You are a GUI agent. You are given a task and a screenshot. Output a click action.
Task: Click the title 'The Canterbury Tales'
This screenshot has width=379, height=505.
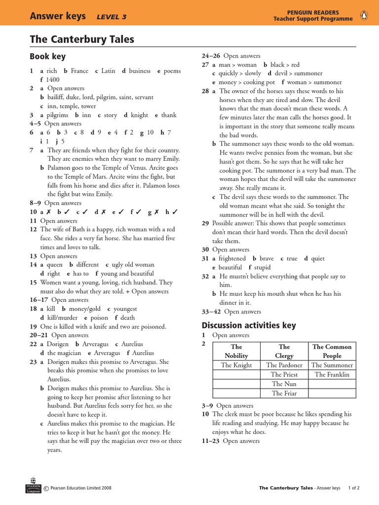tap(81, 39)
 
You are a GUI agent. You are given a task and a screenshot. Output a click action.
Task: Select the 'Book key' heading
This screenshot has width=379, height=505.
tap(47, 57)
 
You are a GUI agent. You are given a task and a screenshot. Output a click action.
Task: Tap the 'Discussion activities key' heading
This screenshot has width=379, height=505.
tap(249, 325)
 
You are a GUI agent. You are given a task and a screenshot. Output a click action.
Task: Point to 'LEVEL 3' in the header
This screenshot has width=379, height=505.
tap(112, 17)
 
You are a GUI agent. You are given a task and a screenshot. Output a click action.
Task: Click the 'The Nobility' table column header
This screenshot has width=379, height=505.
tap(236, 351)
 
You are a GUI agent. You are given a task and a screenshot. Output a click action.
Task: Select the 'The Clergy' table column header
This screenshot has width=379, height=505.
tap(284, 351)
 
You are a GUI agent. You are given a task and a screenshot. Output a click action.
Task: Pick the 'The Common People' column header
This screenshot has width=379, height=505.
tap(332, 351)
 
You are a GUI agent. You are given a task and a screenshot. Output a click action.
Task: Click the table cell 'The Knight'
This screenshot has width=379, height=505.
tap(236, 365)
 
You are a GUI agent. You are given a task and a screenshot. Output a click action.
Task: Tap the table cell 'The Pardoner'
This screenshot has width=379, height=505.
tap(284, 365)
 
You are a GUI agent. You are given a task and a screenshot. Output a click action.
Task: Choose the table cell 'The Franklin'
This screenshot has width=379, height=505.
tap(332, 375)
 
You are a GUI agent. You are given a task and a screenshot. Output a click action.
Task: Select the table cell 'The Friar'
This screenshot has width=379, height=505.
tap(284, 394)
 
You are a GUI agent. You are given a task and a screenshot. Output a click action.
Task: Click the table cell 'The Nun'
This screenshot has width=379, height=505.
tap(284, 384)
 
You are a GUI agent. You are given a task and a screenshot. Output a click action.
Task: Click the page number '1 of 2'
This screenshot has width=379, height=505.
tap(354, 488)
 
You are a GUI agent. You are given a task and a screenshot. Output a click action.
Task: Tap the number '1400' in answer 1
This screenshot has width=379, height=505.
tap(52, 79)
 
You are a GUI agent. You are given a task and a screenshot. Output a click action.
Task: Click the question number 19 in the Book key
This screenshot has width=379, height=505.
tap(33, 326)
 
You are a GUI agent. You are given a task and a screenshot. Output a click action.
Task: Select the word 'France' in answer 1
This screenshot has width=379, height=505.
tap(79, 71)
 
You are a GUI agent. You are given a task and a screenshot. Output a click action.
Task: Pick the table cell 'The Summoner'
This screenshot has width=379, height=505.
tap(332, 365)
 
